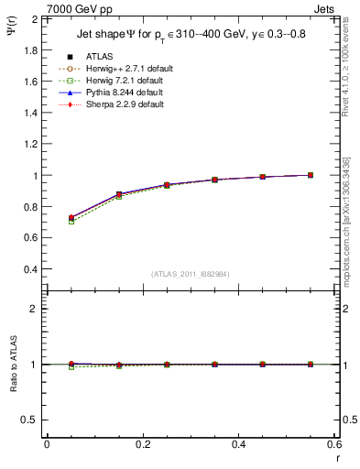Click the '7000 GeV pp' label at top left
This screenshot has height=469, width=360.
coord(79,9)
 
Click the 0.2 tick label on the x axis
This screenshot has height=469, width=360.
coord(142,444)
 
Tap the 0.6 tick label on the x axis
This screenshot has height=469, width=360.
coord(333,444)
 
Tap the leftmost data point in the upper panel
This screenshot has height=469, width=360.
coord(71,218)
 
